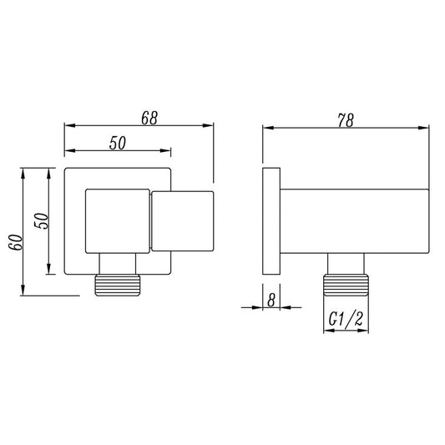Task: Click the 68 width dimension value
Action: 149,118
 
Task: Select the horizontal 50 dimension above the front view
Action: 117,143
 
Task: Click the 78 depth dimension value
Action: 345,119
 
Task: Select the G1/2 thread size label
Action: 344,317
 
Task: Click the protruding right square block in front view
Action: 182,220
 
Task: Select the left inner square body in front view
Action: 117,220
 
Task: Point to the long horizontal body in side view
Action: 355,220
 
